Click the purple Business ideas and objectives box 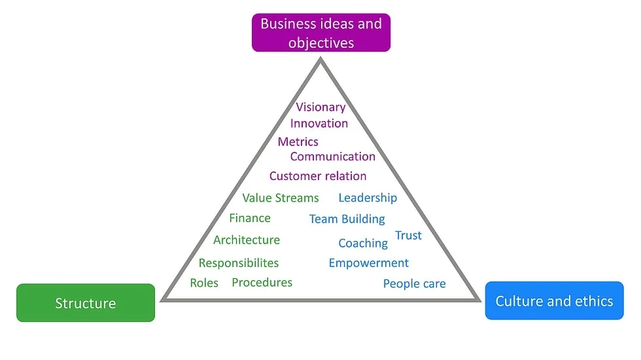[x=321, y=33]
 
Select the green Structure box [x=86, y=302]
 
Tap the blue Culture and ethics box [x=555, y=300]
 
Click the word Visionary [x=321, y=107]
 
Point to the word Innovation [x=319, y=123]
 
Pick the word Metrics [x=298, y=141]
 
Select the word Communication [x=333, y=156]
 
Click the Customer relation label [x=318, y=176]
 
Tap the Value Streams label [x=281, y=198]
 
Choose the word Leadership [x=368, y=198]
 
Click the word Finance [x=250, y=218]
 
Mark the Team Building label [x=347, y=219]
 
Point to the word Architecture [x=247, y=240]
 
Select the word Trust [x=408, y=235]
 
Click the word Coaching [x=363, y=243]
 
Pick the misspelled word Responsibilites [x=239, y=263]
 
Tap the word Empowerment [x=369, y=263]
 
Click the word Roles [x=204, y=283]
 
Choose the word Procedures [x=262, y=282]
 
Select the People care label [x=415, y=283]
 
